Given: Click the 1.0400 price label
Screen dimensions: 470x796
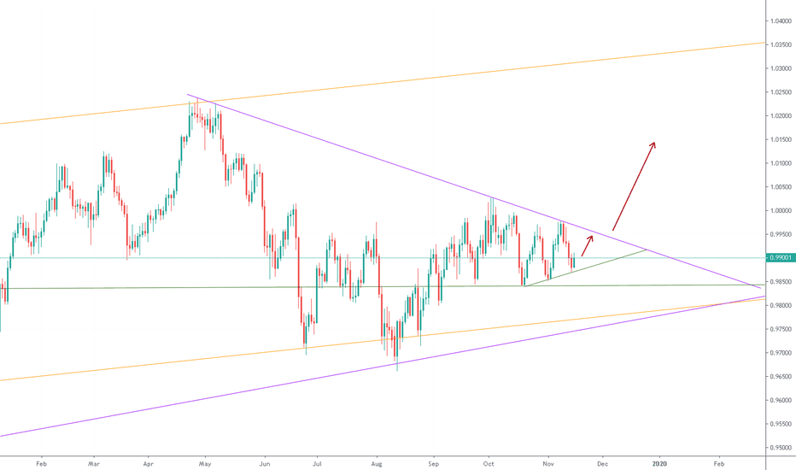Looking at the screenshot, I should [x=778, y=21].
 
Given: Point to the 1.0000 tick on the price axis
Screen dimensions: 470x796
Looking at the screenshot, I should [x=778, y=210].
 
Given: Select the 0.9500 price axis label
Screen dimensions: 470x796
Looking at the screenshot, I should [x=778, y=447].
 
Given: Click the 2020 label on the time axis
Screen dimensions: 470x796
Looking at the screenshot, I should [x=660, y=462].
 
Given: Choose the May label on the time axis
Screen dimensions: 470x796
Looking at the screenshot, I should [x=205, y=462].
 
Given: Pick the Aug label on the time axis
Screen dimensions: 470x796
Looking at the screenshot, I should [x=377, y=462].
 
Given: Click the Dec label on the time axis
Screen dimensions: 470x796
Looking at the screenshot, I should [x=603, y=462].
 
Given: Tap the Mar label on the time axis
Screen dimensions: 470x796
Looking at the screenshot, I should [x=95, y=462].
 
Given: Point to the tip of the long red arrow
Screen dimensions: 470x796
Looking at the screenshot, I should [x=654, y=142].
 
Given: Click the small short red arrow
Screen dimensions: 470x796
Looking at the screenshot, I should [x=587, y=245].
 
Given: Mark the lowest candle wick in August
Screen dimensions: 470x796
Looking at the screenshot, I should [x=397, y=369].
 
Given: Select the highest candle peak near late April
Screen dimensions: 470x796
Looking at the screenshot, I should [x=196, y=100].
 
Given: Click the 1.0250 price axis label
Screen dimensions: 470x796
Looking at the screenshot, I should [x=778, y=91].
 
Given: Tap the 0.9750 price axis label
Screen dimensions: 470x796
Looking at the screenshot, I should [x=778, y=329].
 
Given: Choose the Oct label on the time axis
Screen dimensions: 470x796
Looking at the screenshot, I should [x=489, y=462].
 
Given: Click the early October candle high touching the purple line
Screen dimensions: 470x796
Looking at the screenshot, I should [x=492, y=198].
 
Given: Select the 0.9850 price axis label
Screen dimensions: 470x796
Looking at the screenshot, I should [x=778, y=281].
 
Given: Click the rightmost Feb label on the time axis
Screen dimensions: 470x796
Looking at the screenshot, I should [x=718, y=462].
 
